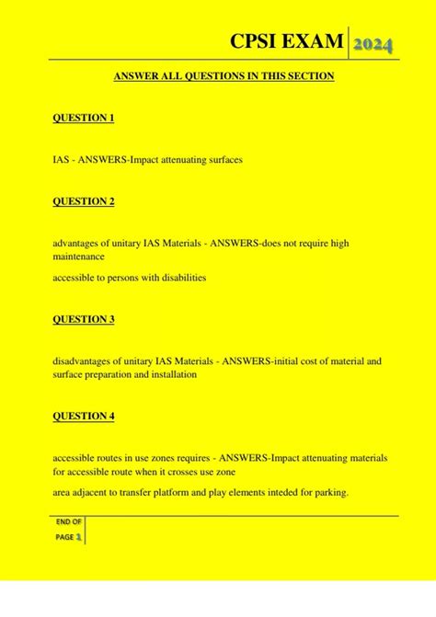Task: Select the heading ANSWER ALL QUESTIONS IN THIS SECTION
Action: tap(224, 76)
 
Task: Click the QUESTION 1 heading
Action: tap(84, 119)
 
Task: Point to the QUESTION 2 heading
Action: tap(84, 201)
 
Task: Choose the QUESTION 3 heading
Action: tap(84, 319)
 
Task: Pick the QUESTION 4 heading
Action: tap(84, 416)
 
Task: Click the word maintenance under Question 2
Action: tap(78, 257)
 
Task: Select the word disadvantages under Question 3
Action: tap(84, 361)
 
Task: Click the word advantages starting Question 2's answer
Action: tap(76, 243)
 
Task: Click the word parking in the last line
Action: tap(327, 493)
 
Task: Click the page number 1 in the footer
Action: tap(79, 536)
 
